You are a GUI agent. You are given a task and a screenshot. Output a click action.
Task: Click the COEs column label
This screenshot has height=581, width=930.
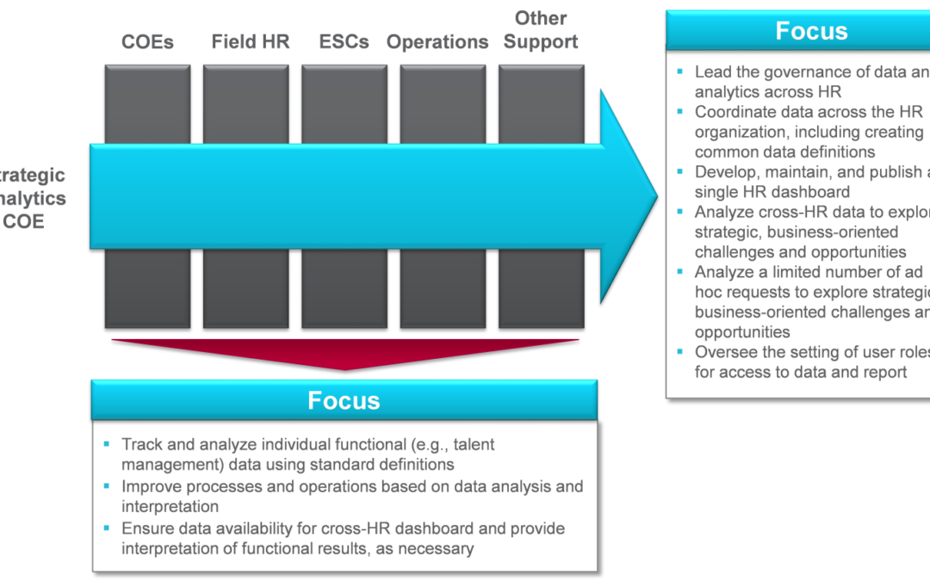click(147, 41)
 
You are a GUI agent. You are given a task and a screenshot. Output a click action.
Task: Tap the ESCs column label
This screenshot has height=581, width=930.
click(344, 41)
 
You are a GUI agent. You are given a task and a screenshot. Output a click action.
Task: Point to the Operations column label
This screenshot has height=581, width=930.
click(437, 41)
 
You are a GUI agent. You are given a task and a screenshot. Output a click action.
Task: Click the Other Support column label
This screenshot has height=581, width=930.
click(541, 29)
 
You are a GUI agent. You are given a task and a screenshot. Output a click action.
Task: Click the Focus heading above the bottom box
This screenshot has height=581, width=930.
click(344, 400)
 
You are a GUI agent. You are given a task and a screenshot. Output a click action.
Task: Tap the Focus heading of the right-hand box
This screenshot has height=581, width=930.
click(811, 31)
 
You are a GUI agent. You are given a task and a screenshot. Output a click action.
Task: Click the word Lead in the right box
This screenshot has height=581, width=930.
click(714, 72)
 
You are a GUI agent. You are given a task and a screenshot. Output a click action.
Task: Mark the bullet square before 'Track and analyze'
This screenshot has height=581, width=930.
click(108, 445)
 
